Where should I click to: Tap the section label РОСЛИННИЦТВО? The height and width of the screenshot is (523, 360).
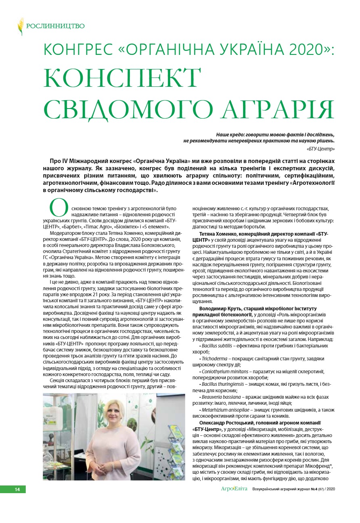[x=55, y=26]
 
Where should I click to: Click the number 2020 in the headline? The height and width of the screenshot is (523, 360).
[x=310, y=49]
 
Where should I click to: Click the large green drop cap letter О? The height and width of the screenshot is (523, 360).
[x=59, y=207]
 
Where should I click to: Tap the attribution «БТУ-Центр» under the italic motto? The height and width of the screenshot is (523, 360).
[x=321, y=149]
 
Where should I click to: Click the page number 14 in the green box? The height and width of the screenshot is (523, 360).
[x=17, y=489]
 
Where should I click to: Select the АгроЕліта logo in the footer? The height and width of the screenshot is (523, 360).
[x=234, y=489]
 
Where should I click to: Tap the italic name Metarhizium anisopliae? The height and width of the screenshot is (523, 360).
[x=224, y=410]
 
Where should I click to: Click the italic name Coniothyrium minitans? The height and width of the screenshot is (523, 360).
[x=222, y=371]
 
